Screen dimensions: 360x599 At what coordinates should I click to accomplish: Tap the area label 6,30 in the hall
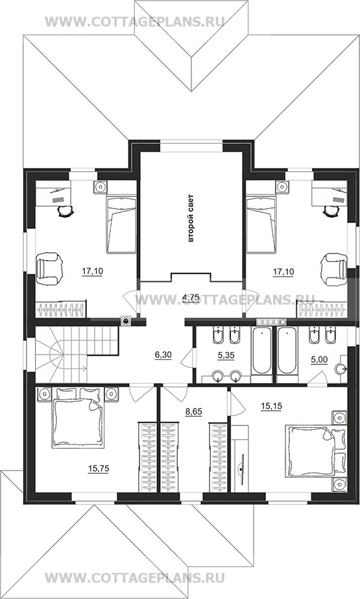163,355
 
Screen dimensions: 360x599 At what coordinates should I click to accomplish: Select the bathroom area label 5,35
226,355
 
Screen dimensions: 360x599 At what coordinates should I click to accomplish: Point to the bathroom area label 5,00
319,360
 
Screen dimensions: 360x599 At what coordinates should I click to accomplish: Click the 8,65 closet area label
195,412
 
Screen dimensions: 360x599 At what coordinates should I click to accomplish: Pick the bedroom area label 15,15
271,406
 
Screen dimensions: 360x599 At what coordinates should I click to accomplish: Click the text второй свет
191,218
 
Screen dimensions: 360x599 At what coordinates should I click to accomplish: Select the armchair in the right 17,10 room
333,268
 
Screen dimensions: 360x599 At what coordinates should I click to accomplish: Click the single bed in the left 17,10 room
121,224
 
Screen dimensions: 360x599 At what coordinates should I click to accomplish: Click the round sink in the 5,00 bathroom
341,369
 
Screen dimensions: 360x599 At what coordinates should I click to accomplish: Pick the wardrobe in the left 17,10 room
61,309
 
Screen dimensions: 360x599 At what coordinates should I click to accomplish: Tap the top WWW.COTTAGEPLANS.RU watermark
134,21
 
